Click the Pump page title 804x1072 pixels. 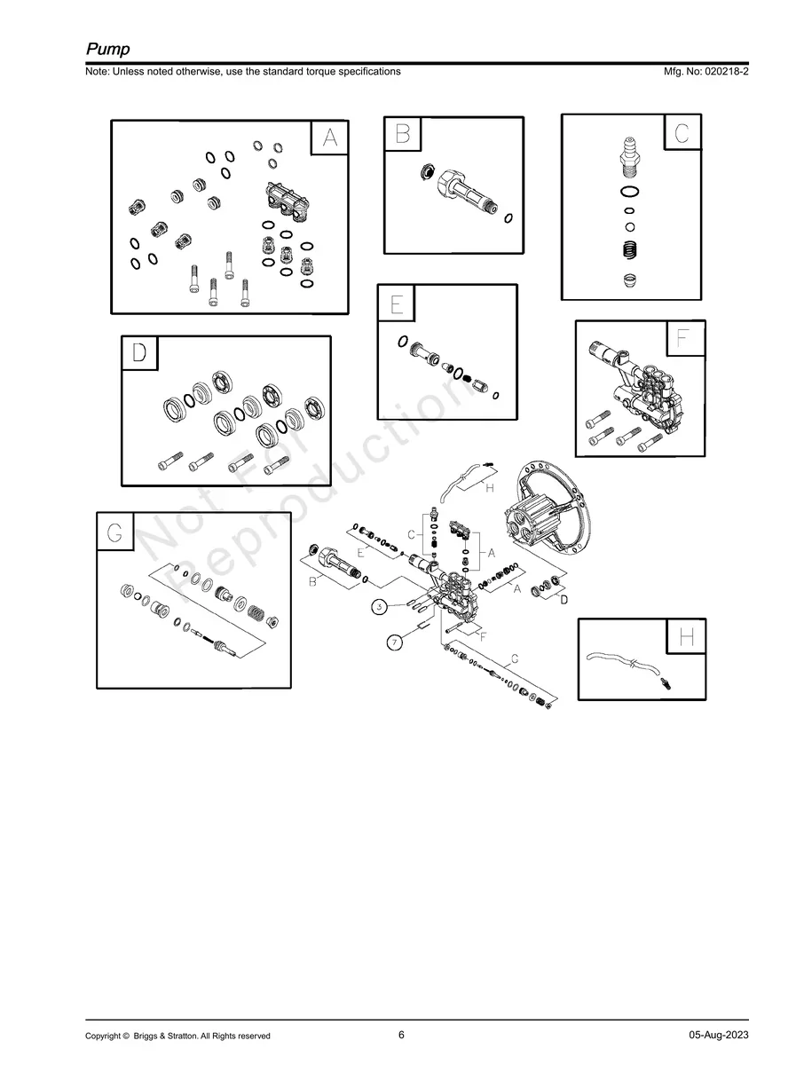pos(107,49)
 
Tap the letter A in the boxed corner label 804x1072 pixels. pos(329,138)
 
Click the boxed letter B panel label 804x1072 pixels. pos(402,134)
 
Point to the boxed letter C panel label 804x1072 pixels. pos(682,132)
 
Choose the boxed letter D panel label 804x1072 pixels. pos(139,352)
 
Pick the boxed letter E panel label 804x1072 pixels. pos(396,304)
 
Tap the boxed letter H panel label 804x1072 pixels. pos(687,637)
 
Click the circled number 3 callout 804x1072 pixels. pos(379,607)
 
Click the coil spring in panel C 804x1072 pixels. pos(630,249)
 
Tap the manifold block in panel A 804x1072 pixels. pos(288,201)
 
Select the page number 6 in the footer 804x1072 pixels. pos(401,1035)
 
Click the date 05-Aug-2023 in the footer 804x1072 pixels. pos(718,1036)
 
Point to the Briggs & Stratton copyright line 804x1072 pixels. pos(177,1036)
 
